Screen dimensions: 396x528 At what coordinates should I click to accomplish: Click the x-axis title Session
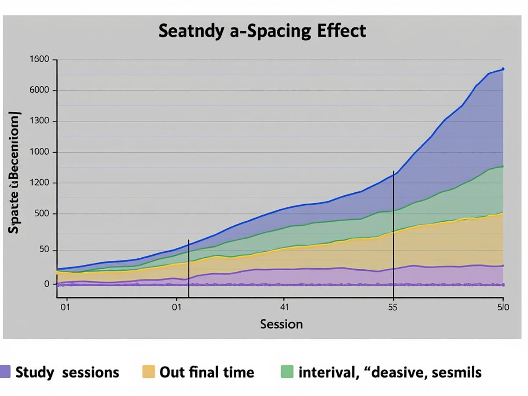(x=282, y=324)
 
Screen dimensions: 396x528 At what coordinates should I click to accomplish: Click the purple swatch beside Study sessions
(x=6, y=372)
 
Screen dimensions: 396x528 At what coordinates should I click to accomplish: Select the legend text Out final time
(x=206, y=373)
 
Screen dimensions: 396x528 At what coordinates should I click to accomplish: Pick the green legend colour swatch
(x=287, y=372)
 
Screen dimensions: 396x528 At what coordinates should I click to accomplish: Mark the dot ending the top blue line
(x=503, y=69)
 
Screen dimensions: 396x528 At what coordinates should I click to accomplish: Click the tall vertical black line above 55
(x=393, y=233)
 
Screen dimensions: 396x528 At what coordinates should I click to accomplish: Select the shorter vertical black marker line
(x=188, y=268)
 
